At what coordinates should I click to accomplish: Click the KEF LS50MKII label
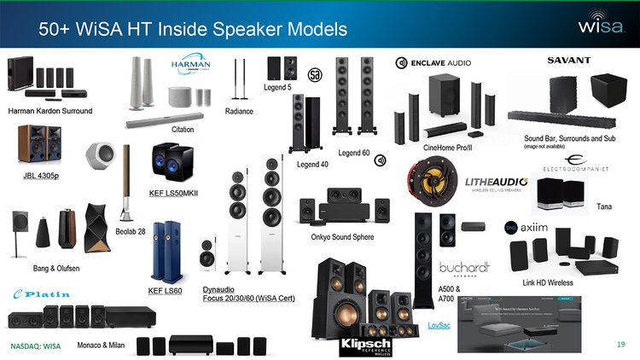coord(173,195)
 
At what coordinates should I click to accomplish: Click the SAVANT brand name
coord(568,61)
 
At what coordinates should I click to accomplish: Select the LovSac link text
coord(439,326)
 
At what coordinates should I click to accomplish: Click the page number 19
coord(621,344)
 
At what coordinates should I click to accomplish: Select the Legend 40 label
coord(312,164)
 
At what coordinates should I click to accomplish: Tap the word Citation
coord(183,130)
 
